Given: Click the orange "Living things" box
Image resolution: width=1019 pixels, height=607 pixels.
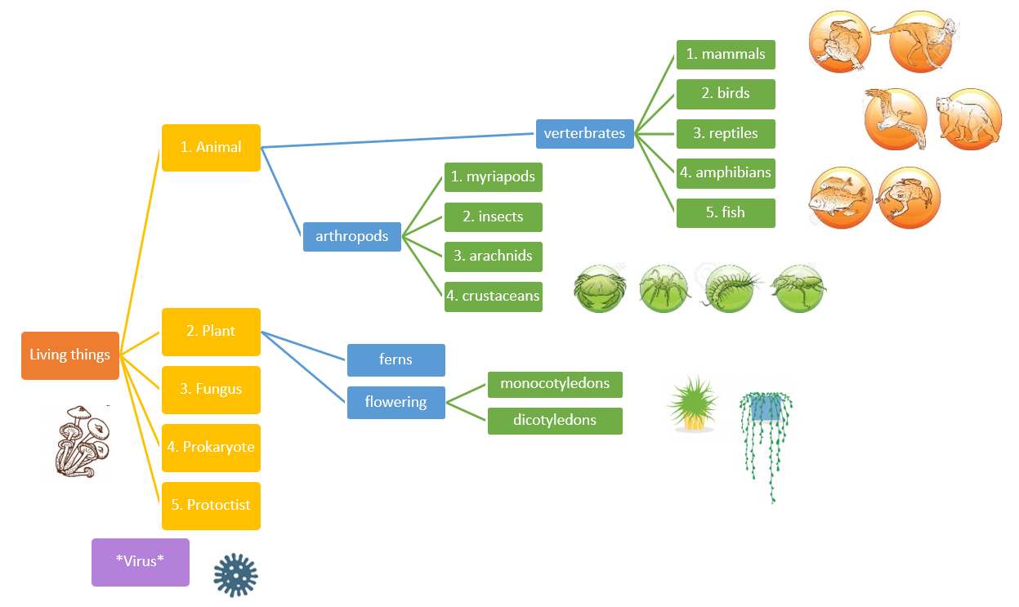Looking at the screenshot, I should pos(70,355).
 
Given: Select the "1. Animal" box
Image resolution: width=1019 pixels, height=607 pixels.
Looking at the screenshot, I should pos(211,148).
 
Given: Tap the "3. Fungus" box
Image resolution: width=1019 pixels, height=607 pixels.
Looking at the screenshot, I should pos(211,390).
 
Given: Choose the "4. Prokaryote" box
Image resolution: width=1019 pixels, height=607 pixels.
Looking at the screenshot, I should pos(211,448).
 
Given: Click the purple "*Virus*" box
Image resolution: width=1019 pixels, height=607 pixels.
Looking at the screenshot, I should pos(140,561).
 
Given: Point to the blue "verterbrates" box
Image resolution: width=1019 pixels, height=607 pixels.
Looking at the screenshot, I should pos(584,133).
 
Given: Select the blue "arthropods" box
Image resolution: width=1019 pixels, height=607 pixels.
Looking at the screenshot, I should pos(351,237).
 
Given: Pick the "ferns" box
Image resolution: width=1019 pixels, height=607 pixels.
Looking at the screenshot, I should pos(396,359).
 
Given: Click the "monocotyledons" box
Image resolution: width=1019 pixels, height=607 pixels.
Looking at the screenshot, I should pos(555,384).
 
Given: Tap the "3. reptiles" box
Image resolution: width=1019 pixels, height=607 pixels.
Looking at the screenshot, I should pos(725,133).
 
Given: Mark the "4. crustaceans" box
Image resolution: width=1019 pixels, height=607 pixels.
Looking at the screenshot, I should pos(493,296).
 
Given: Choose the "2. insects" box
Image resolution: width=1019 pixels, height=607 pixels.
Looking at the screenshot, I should pos(493,217).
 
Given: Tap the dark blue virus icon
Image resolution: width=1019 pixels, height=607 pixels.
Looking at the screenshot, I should pos(235,574).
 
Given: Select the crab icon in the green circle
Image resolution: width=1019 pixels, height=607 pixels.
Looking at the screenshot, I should pos(600,288).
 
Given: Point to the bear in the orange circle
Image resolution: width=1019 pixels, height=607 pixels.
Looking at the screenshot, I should pos(968,119).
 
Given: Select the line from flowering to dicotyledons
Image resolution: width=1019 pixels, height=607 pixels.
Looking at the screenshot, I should pos(466,411).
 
